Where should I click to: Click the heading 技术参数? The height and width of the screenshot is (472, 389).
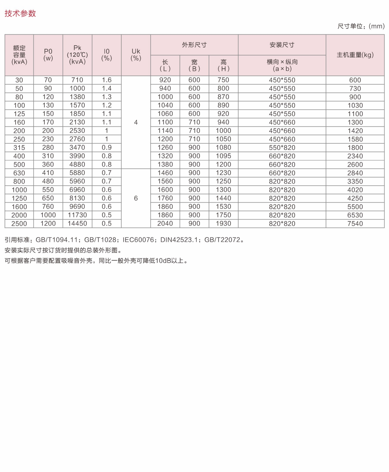click(x=20, y=13)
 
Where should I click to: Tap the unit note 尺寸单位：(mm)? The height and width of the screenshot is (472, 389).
click(x=361, y=26)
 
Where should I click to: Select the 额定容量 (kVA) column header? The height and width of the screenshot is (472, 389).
click(x=19, y=55)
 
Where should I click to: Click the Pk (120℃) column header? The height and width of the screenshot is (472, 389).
click(x=77, y=55)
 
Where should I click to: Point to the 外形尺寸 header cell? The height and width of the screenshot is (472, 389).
click(x=194, y=45)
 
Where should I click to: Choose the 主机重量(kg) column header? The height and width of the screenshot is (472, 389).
click(x=355, y=55)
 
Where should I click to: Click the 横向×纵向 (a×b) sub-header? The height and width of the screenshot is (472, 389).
click(x=282, y=65)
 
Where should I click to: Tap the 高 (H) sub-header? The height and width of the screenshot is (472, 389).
click(x=223, y=65)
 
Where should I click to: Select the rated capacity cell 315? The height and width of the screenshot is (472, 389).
click(x=19, y=148)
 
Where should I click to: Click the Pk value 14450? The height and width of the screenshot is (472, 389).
click(x=77, y=224)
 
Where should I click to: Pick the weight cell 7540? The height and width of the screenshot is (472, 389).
click(x=355, y=224)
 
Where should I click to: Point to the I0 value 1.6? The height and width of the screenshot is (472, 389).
click(x=107, y=80)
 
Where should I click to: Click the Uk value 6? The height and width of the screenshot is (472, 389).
click(x=136, y=198)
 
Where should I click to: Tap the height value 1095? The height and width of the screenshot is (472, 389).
click(x=223, y=156)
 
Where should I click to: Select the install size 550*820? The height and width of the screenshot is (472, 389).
click(x=282, y=148)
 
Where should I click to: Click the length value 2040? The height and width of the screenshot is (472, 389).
click(x=165, y=224)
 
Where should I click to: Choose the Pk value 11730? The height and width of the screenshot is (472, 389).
click(x=77, y=215)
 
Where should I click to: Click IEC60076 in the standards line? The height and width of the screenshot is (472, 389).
click(x=138, y=240)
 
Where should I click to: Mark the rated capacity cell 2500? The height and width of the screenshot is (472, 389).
click(x=19, y=224)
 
